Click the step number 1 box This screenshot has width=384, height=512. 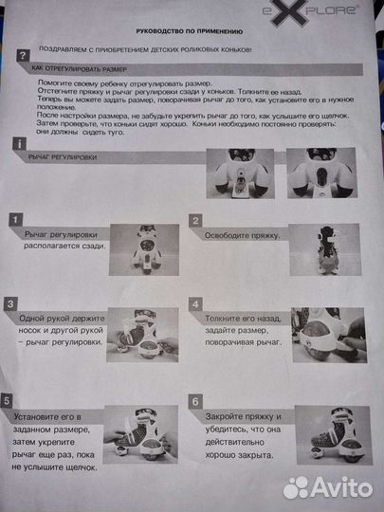pyautogui.click(x=14, y=220)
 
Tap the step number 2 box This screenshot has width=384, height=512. pyautogui.click(x=196, y=221)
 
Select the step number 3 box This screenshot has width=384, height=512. pyautogui.click(x=10, y=304)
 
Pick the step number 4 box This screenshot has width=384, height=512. pyautogui.click(x=195, y=305)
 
